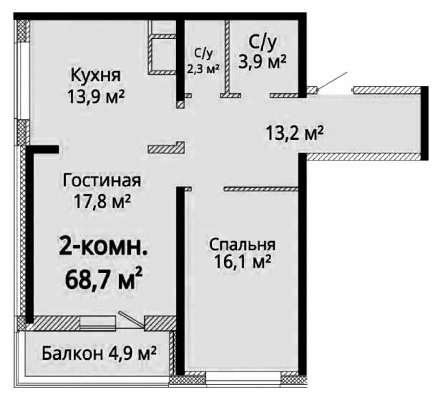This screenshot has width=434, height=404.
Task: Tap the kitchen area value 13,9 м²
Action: tap(96, 97)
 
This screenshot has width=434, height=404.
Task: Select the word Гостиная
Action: tap(102, 181)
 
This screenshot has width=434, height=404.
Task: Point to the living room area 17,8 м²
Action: tap(103, 202)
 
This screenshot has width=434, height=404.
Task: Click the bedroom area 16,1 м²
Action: tap(242, 262)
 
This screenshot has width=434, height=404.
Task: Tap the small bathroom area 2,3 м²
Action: tap(203, 69)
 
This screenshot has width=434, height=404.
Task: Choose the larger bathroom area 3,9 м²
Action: tap(262, 62)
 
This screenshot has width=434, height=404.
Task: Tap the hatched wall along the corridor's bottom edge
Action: tap(363, 157)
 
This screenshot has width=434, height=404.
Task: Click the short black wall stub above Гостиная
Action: tap(43, 149)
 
